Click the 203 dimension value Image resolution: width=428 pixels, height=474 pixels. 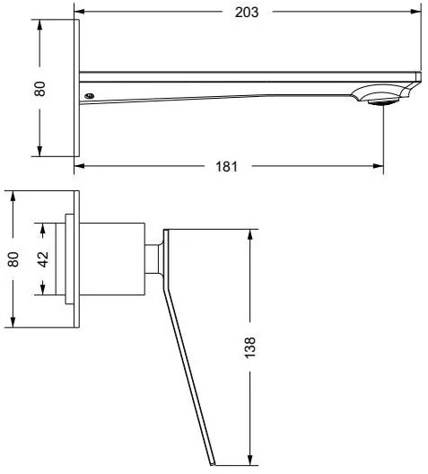point(247,13)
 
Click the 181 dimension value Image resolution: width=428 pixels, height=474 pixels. point(226,167)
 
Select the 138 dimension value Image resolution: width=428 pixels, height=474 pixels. point(249,347)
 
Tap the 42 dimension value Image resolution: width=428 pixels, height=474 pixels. point(43,259)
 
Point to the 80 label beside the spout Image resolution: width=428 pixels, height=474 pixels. point(39,89)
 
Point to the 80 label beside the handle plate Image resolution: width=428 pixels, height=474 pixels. point(13,259)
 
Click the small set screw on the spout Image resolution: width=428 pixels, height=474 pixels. point(90,96)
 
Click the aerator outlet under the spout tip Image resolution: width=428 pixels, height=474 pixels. point(383,102)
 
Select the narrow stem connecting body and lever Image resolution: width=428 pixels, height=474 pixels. point(153,259)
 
